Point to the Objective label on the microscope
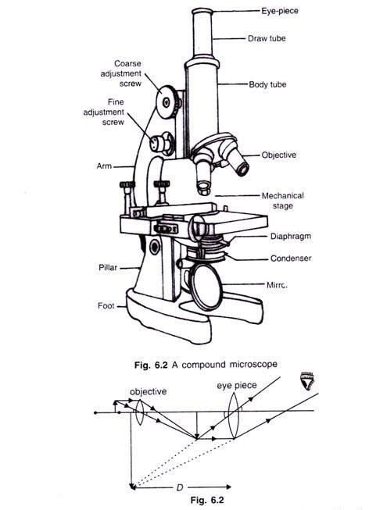click(279, 155)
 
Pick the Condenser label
click(282, 257)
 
